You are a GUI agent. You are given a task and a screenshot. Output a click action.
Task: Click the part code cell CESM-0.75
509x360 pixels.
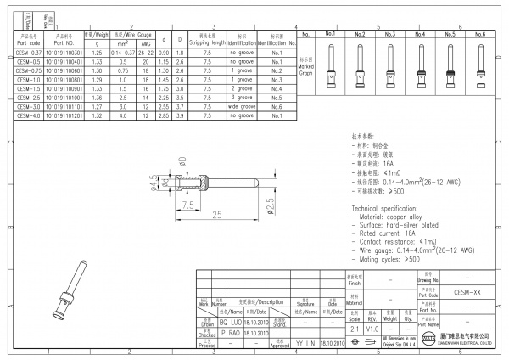coord(28,70)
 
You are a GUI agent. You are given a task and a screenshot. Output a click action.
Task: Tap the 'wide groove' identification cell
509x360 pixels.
coord(242,108)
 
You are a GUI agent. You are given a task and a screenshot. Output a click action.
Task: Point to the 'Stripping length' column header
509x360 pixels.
coord(207,40)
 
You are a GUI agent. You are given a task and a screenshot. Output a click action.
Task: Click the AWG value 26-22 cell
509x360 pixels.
coord(146,53)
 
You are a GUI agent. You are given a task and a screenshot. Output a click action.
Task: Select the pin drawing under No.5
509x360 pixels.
coord(449,68)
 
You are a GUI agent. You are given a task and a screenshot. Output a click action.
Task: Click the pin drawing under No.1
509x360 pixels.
coord(332,68)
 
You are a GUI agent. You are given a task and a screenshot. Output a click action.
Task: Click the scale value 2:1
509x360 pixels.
coord(352,327)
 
